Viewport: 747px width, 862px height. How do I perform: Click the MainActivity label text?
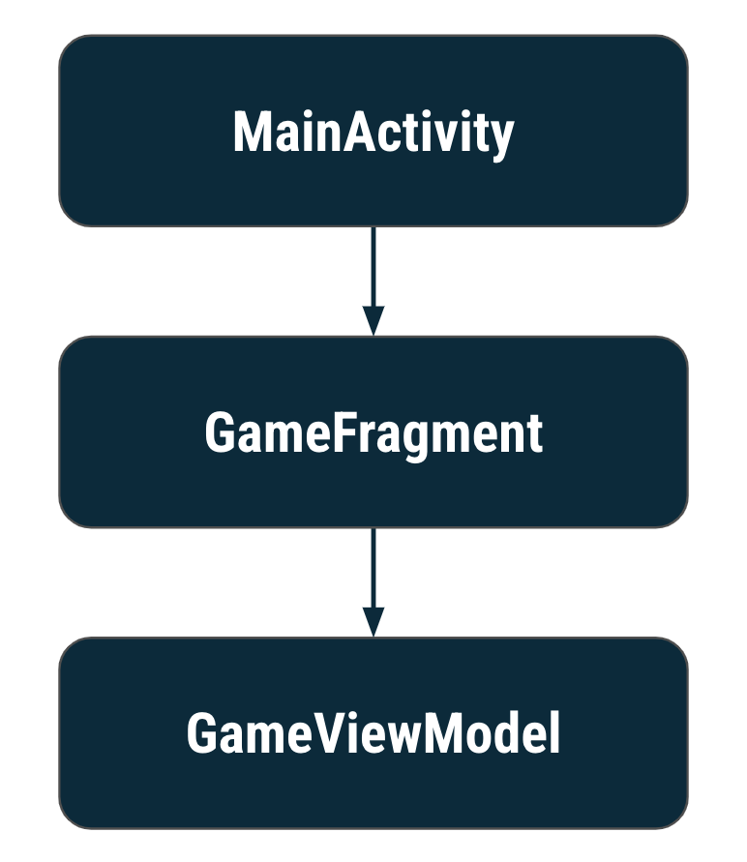(x=373, y=133)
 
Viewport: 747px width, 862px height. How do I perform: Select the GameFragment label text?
(x=373, y=433)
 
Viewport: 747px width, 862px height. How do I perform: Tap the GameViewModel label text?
(x=373, y=734)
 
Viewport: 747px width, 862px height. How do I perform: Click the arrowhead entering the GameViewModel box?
(x=373, y=622)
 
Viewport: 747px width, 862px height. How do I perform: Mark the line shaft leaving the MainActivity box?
(x=373, y=266)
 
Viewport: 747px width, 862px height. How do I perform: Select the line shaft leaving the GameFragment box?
(x=373, y=567)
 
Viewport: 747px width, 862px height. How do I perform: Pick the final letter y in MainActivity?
(x=502, y=137)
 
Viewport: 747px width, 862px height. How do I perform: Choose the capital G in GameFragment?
(x=221, y=434)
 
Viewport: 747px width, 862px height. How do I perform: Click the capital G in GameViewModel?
(x=203, y=735)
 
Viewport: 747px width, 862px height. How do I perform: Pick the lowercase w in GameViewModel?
(x=403, y=739)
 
